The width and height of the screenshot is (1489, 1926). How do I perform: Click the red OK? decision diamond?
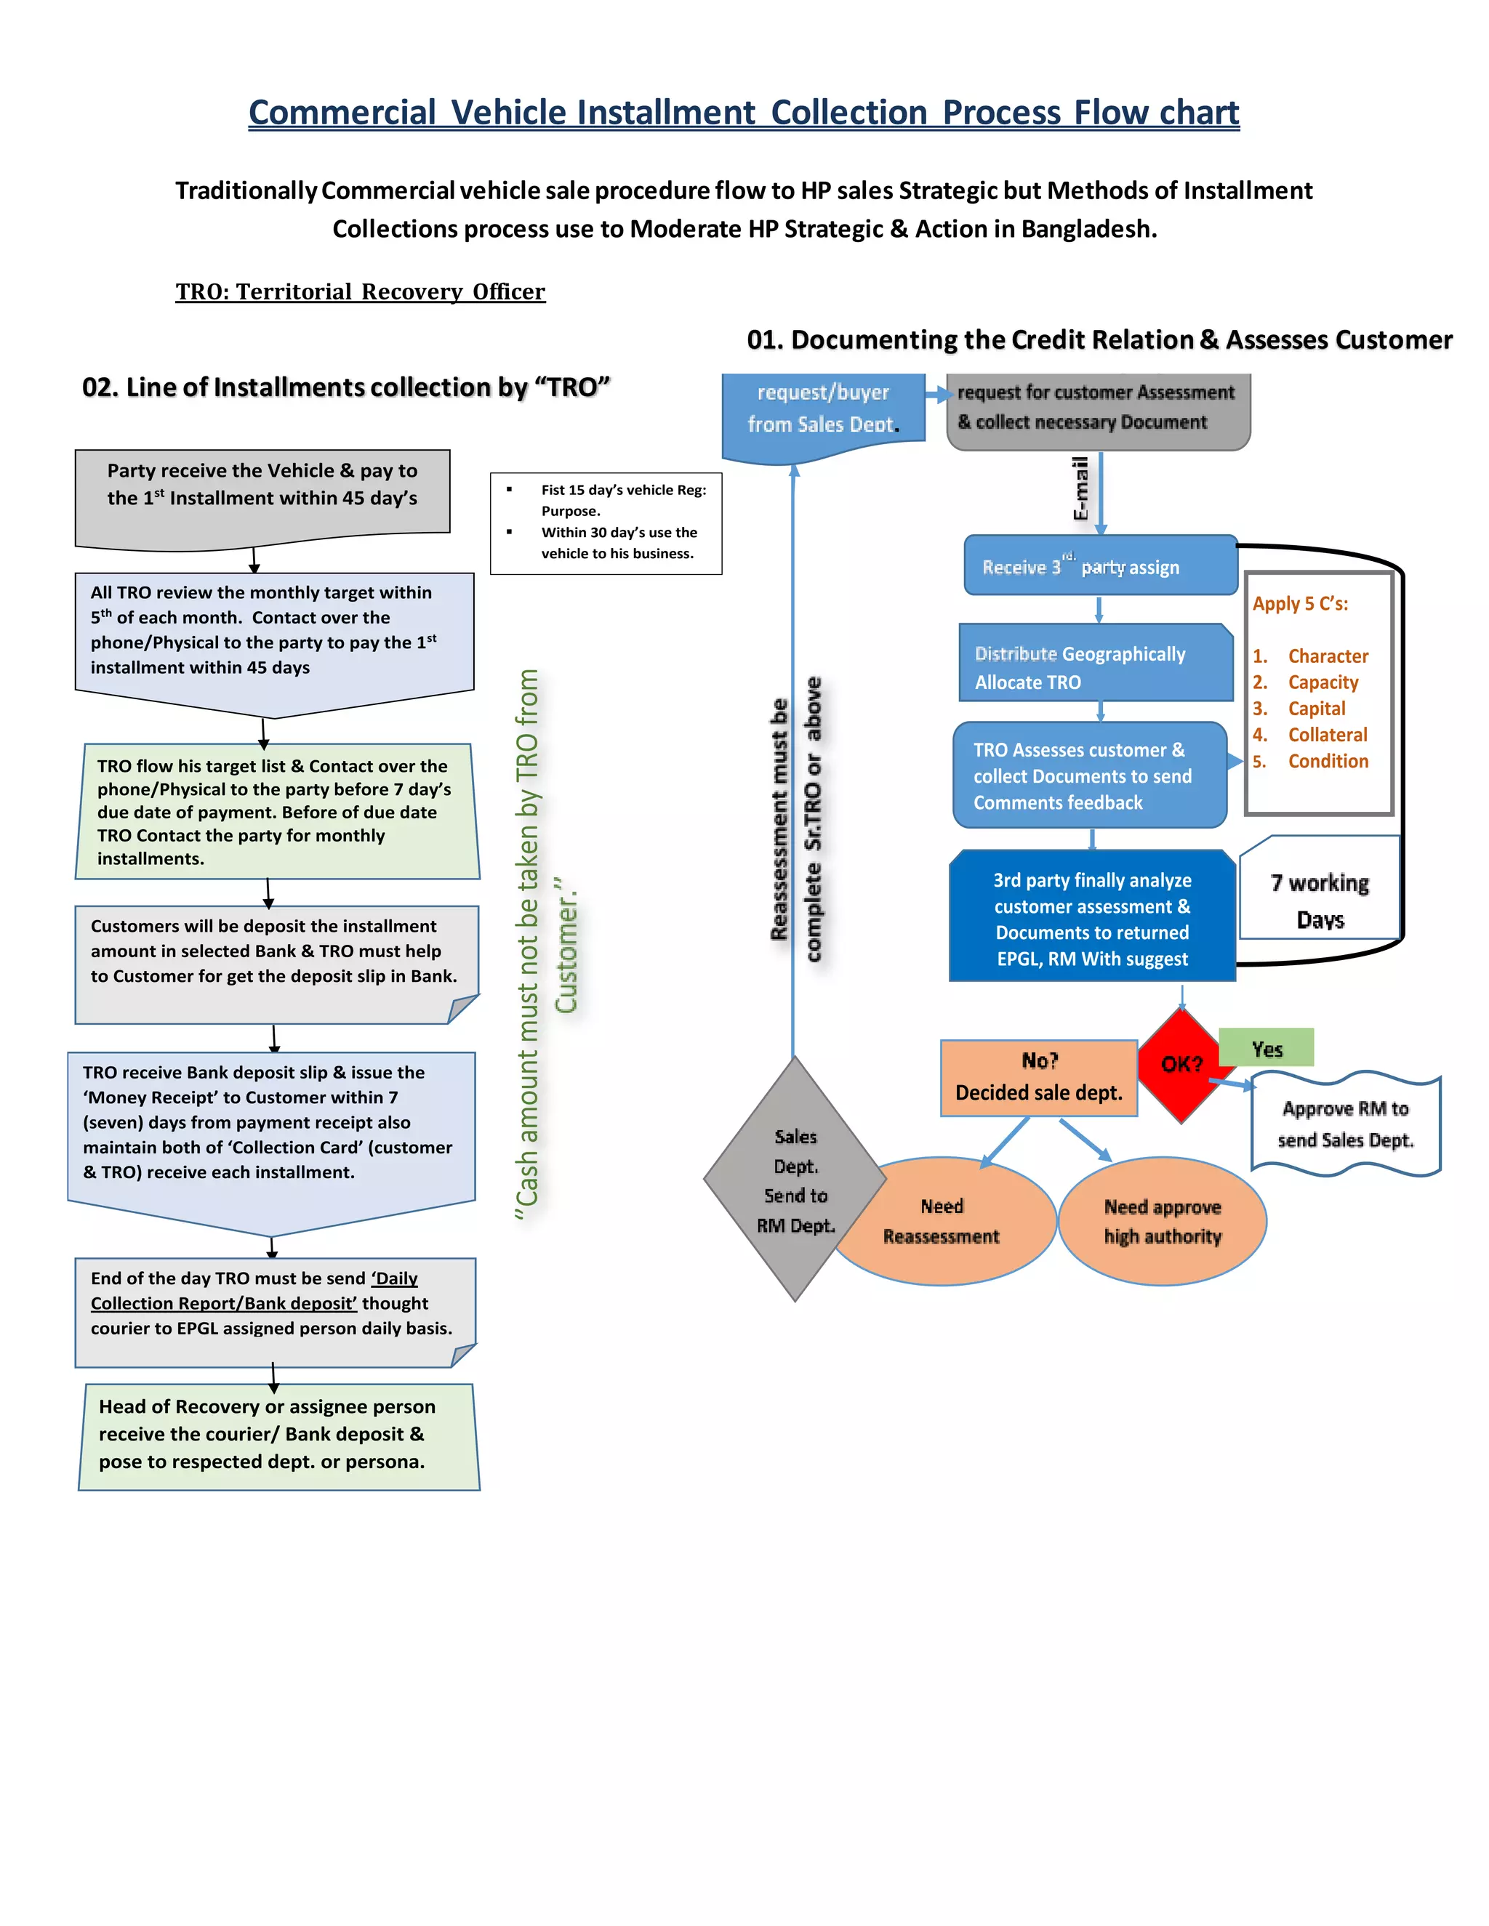click(x=1181, y=1065)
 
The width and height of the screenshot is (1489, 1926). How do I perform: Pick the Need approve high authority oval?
click(x=1162, y=1222)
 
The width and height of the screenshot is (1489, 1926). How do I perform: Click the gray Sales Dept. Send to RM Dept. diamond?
click(x=794, y=1179)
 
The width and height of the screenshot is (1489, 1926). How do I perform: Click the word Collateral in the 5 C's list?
click(x=1327, y=735)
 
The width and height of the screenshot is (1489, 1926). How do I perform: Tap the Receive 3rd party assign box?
click(x=1099, y=566)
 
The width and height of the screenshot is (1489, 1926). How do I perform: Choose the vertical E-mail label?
click(x=1080, y=488)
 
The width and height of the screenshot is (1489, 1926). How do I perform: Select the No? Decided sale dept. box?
click(x=1038, y=1078)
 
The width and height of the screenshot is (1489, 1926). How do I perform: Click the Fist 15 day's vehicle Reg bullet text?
click(x=623, y=500)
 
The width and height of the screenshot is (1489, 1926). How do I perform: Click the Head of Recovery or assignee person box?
click(x=278, y=1434)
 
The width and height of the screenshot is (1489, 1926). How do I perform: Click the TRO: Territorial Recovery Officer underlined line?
click(x=360, y=292)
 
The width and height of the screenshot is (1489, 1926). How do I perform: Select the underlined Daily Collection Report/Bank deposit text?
click(x=253, y=1291)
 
